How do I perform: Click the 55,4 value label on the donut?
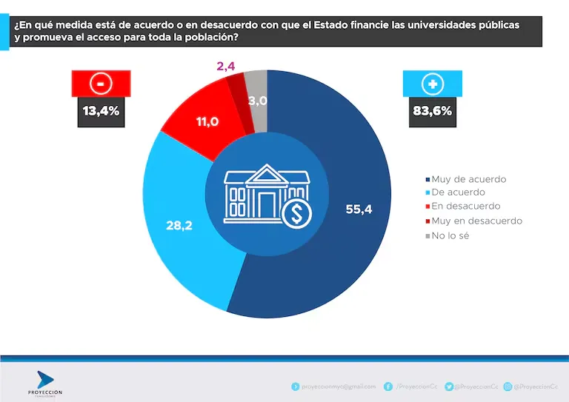pyautogui.click(x=358, y=209)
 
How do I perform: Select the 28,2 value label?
pyautogui.click(x=179, y=225)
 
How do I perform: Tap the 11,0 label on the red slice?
pyautogui.click(x=207, y=121)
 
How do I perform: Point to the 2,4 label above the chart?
pyautogui.click(x=226, y=67)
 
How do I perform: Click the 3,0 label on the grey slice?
pyautogui.click(x=258, y=101)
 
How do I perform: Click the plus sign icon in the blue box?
pyautogui.click(x=431, y=84)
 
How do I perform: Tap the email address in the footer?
pyautogui.click(x=338, y=386)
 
